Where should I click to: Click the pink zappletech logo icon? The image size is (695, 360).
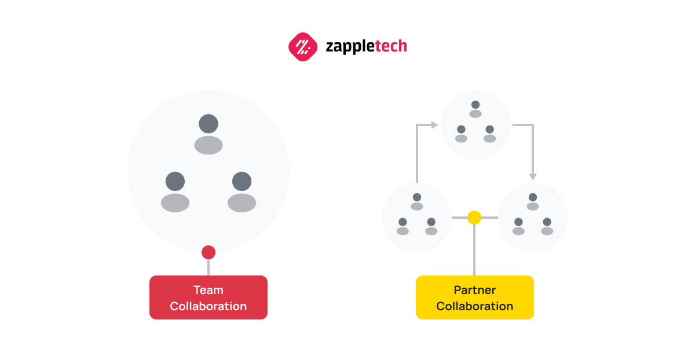pyautogui.click(x=303, y=47)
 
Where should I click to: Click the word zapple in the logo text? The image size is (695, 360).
pyautogui.click(x=350, y=47)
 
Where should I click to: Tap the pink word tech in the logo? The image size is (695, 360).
pyautogui.click(x=391, y=46)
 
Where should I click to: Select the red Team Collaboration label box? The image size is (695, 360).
pyautogui.click(x=209, y=297)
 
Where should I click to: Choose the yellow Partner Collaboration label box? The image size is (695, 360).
pyautogui.click(x=475, y=297)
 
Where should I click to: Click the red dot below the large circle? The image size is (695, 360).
pyautogui.click(x=209, y=252)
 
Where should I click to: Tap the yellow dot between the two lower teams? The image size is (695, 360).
pyautogui.click(x=474, y=218)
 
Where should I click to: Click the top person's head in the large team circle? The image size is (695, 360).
pyautogui.click(x=209, y=124)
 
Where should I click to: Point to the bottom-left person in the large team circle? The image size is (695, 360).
pyautogui.click(x=175, y=192)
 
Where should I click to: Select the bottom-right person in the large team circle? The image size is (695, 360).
pyautogui.click(x=242, y=192)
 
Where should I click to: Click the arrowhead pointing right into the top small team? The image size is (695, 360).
pyautogui.click(x=435, y=125)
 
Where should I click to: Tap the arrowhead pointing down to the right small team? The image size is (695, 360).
pyautogui.click(x=533, y=177)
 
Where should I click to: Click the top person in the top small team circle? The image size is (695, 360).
pyautogui.click(x=475, y=109)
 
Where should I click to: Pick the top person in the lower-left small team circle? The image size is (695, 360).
pyautogui.click(x=417, y=201)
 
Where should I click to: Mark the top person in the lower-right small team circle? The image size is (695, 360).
pyautogui.click(x=533, y=201)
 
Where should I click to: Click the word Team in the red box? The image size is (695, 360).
pyautogui.click(x=209, y=290)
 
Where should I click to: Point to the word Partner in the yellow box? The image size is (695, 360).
pyautogui.click(x=475, y=290)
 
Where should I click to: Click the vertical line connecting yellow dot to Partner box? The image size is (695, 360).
pyautogui.click(x=474, y=250)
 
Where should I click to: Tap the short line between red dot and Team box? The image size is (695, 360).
pyautogui.click(x=209, y=267)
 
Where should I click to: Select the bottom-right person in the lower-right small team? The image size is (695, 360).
pyautogui.click(x=547, y=226)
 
